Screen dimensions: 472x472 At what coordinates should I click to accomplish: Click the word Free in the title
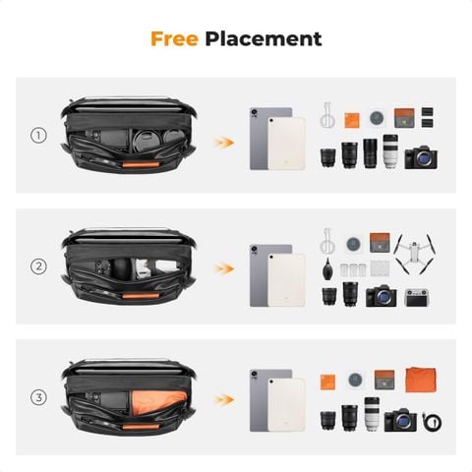175,39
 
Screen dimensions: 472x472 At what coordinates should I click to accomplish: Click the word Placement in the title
264,40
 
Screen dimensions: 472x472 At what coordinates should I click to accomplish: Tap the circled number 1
39,136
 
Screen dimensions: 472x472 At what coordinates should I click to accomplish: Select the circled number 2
39,266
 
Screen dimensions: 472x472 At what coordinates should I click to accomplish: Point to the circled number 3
39,397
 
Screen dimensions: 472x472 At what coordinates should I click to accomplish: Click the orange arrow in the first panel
225,143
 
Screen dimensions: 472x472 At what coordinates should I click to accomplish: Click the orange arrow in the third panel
225,399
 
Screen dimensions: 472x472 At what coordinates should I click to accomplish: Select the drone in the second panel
414,254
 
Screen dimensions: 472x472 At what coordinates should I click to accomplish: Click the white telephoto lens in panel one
390,151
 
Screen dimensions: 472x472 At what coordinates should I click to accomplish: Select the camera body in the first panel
423,157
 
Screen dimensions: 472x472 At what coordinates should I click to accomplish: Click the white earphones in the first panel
327,116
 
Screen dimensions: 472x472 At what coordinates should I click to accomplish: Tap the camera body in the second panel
381,295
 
